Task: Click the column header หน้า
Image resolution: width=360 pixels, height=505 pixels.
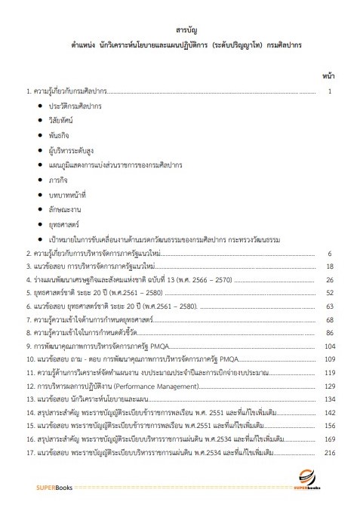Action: click(329, 76)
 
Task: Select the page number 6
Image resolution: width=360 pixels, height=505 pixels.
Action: click(330, 253)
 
